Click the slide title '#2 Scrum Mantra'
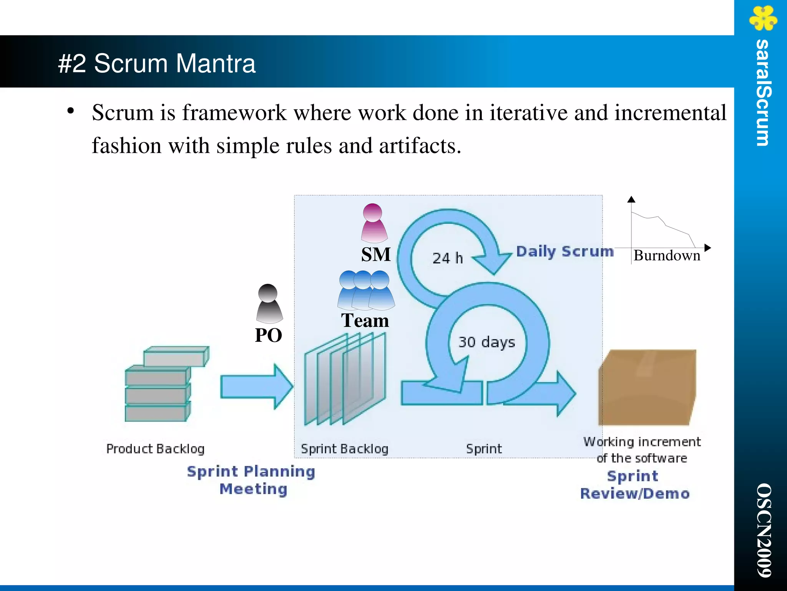pos(156,63)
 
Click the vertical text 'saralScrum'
pos(763,93)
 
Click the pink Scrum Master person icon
pos(374,223)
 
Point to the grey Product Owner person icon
pos(269,303)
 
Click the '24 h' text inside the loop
pos(447,258)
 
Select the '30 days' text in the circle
pos(486,342)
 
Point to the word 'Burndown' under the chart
pos(667,256)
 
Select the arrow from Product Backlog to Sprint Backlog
pos(256,387)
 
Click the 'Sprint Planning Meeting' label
pos(251,480)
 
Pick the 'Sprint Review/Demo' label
pos(634,484)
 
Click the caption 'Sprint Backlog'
pos(344,449)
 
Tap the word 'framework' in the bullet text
pos(234,113)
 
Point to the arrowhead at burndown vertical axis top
pos(631,199)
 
